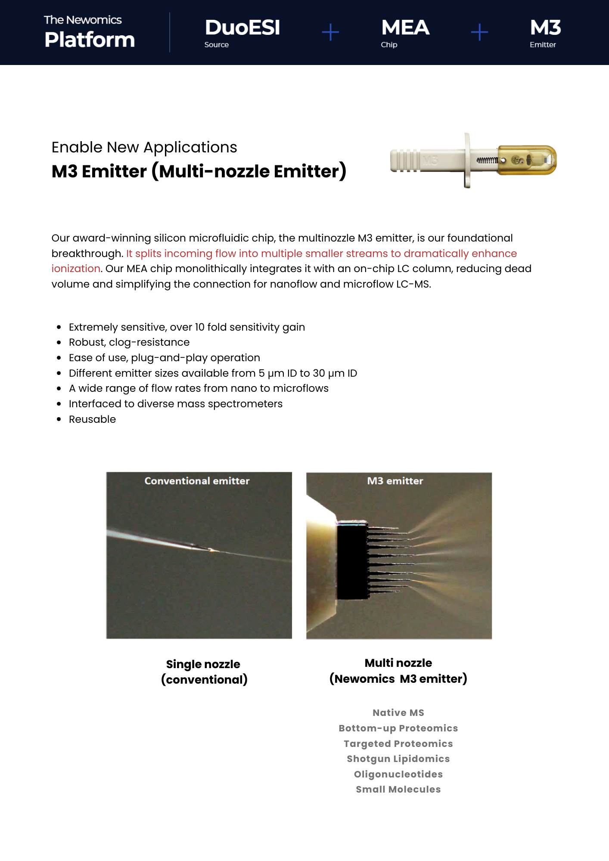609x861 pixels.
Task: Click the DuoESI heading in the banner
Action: pyautogui.click(x=242, y=28)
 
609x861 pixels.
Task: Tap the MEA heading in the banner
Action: pyautogui.click(x=405, y=28)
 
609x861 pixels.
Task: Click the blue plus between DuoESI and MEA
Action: pyautogui.click(x=330, y=32)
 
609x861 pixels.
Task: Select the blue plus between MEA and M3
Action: pyautogui.click(x=479, y=32)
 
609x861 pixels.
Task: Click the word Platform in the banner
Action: pyautogui.click(x=90, y=40)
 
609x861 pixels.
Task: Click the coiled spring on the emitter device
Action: pyautogui.click(x=487, y=160)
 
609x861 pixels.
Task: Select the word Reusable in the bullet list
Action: pyautogui.click(x=92, y=419)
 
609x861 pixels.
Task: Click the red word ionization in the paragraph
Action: pyautogui.click(x=76, y=269)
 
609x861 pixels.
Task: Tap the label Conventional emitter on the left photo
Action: pyautogui.click(x=197, y=481)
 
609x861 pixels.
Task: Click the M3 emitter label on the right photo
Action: pyautogui.click(x=395, y=481)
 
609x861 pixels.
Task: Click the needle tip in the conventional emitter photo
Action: pyautogui.click(x=211, y=550)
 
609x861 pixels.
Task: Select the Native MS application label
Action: pyautogui.click(x=398, y=713)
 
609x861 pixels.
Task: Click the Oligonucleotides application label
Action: pyautogui.click(x=398, y=774)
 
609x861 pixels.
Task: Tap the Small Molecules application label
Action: pyautogui.click(x=398, y=790)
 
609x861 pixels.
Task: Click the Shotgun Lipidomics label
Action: pyautogui.click(x=398, y=759)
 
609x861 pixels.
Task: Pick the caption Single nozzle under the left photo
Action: pyautogui.click(x=203, y=664)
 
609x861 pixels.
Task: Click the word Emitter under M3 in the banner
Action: pyautogui.click(x=543, y=45)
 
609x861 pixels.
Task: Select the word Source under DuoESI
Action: pyautogui.click(x=217, y=45)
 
